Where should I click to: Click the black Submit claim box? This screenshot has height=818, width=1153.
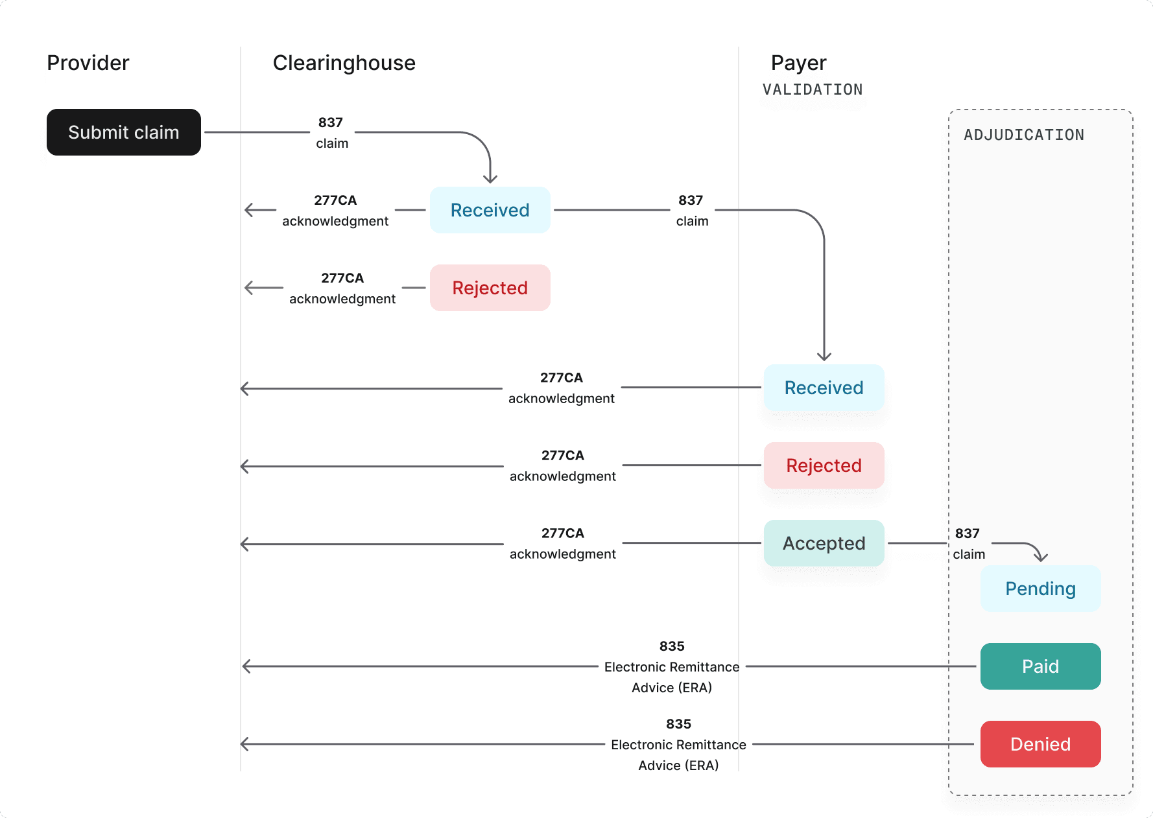point(123,132)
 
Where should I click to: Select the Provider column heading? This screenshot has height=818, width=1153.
point(88,63)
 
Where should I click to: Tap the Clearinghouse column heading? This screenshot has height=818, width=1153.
point(344,63)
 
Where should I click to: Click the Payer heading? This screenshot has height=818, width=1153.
point(798,63)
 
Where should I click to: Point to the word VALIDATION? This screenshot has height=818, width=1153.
point(812,89)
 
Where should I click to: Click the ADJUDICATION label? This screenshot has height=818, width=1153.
point(1023,135)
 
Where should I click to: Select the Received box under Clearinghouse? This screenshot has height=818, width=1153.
point(490,210)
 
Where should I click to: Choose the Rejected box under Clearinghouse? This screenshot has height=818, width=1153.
point(490,288)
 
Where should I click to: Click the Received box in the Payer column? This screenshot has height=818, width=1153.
point(824,388)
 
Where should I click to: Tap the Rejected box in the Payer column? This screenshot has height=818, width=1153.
point(824,465)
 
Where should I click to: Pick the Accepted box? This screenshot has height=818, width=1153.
point(824,543)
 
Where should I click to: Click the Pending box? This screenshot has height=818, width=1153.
point(1040,589)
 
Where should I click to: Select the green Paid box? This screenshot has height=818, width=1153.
point(1040,666)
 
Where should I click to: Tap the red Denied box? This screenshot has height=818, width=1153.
point(1040,744)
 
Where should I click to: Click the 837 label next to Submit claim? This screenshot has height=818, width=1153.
point(331,123)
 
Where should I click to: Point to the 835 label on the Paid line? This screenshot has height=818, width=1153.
point(672,646)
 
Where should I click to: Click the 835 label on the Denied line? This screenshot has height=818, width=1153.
point(678,724)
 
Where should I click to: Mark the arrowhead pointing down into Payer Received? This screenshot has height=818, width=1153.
point(824,356)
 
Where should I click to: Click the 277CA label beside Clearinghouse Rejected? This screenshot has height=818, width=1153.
point(342,278)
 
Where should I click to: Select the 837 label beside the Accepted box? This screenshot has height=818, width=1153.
point(967,533)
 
